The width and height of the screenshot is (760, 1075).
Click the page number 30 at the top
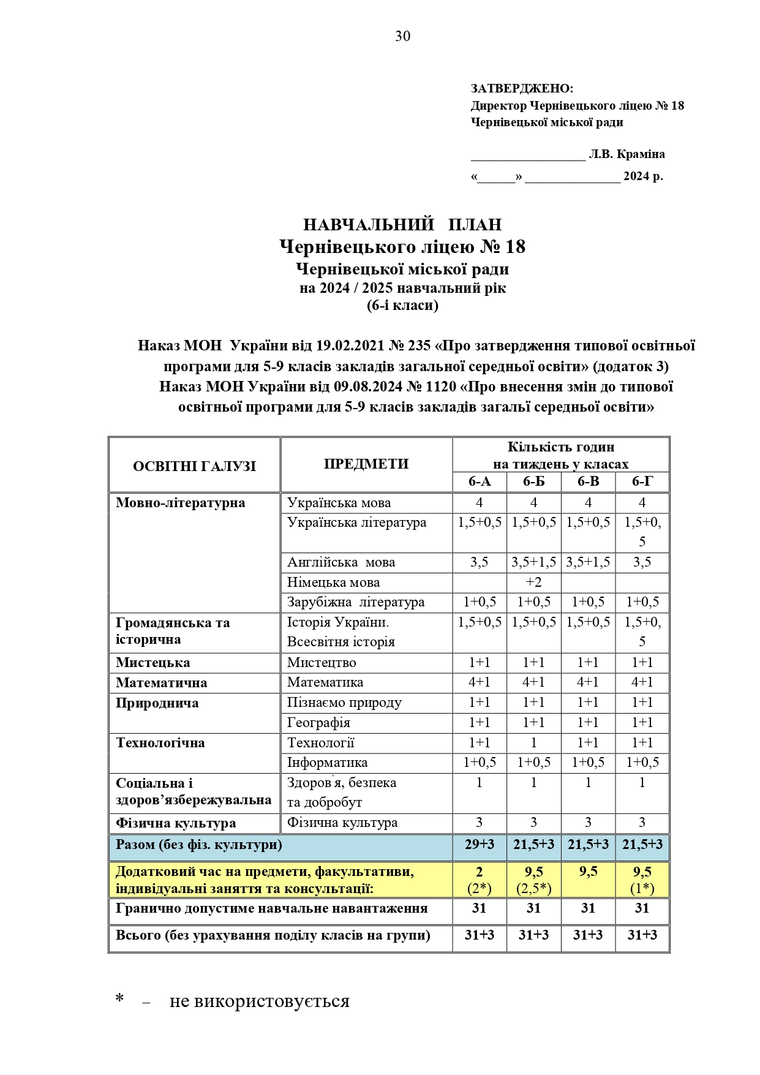402,37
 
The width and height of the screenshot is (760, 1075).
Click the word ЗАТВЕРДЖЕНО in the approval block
521,89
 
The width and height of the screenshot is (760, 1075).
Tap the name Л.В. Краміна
626,154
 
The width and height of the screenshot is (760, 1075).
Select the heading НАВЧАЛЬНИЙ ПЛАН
402,225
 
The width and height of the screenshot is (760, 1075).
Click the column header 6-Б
533,481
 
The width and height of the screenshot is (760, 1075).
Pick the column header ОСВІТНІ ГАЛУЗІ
194,466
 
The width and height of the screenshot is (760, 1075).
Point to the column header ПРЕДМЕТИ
366,464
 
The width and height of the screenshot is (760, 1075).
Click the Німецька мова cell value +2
533,583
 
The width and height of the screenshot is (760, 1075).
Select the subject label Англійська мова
341,562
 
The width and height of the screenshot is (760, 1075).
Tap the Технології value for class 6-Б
533,743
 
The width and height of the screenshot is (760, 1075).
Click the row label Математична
162,683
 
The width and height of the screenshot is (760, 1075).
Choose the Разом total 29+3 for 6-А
479,845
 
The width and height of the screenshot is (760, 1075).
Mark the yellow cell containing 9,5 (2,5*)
533,880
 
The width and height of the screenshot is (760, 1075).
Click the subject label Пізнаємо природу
344,703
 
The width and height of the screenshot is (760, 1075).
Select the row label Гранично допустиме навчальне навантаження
271,908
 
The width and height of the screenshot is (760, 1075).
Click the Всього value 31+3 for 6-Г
642,935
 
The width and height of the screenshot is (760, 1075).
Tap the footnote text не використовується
259,1001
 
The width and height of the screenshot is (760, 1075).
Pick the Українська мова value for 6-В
588,503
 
